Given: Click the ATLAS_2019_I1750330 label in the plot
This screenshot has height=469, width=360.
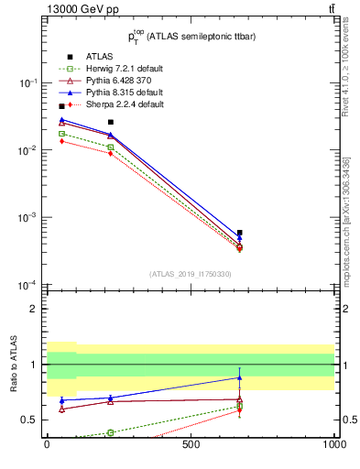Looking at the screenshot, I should click(x=191, y=274).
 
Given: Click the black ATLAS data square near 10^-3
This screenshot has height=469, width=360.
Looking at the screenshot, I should click(x=239, y=233).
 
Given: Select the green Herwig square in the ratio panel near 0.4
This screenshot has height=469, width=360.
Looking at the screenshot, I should click(x=110, y=432).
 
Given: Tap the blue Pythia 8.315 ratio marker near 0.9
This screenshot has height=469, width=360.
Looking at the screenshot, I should click(x=239, y=377).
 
